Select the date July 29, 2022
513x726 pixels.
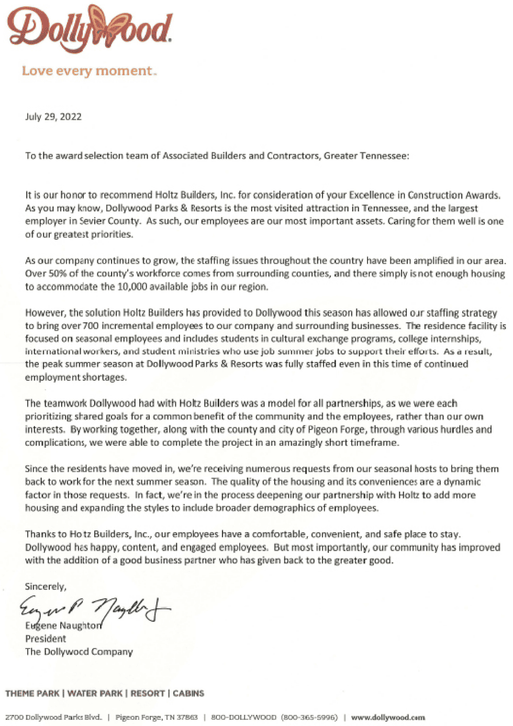coord(53,117)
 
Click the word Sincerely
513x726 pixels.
coord(46,586)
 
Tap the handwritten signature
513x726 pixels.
coord(94,609)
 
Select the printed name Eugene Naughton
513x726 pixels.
coord(63,626)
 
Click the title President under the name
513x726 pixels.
coord(46,639)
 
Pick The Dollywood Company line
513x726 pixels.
coord(79,652)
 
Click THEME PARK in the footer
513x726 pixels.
coord(32,694)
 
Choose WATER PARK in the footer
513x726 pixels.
coord(95,694)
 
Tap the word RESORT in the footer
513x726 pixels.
coord(148,694)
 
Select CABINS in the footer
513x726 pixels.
coord(188,694)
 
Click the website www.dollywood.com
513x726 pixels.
coord(388,717)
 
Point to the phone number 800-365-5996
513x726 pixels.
coord(309,717)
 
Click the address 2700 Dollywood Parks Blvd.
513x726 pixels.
coord(53,717)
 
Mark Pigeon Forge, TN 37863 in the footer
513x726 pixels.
coord(157,717)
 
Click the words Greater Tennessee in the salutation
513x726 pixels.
coord(366,156)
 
